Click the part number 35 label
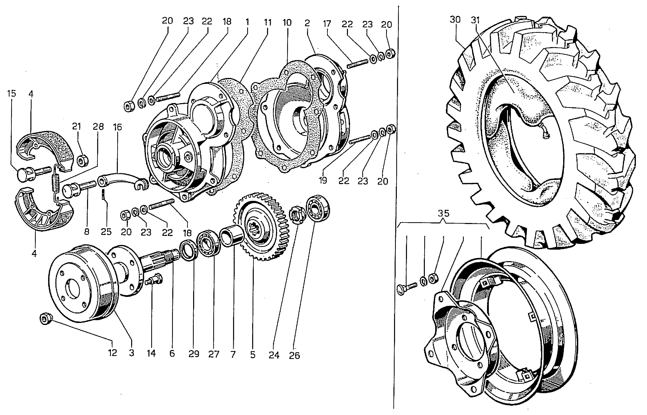(443, 213)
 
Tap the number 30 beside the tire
(455, 20)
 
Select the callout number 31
(476, 20)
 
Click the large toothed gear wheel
(260, 226)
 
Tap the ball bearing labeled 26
(319, 208)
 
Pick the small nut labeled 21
(81, 161)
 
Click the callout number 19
(323, 180)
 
